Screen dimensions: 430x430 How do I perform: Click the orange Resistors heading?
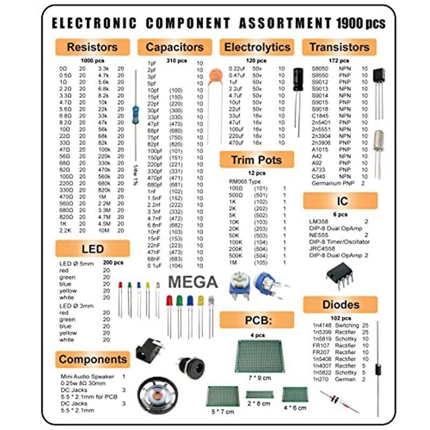(92, 47)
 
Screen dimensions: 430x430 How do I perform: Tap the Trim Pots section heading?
(256, 160)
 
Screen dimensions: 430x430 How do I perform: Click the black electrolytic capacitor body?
(297, 82)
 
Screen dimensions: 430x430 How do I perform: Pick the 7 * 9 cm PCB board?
(260, 355)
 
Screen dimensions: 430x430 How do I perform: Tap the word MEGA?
(193, 282)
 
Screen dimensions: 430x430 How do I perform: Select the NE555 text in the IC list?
(319, 235)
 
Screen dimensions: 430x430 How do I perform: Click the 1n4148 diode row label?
(321, 326)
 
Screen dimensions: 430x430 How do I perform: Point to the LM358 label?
(319, 221)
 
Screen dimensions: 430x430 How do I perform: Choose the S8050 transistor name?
(321, 69)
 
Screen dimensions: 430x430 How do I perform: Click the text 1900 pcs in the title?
(361, 24)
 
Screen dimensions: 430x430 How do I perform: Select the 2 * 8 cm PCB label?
(259, 403)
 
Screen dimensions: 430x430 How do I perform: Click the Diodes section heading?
(340, 305)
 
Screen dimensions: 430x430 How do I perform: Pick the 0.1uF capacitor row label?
(156, 266)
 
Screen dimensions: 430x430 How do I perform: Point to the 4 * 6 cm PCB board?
(295, 395)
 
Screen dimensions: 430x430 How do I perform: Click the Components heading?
(92, 360)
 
